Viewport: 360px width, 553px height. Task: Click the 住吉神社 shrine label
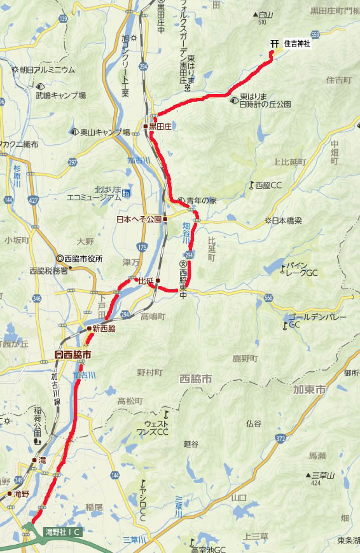pos(298,43)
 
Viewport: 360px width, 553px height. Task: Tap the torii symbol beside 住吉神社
pos(275,43)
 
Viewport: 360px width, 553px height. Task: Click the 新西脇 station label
pos(104,329)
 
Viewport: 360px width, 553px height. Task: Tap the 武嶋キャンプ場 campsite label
pos(60,95)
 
